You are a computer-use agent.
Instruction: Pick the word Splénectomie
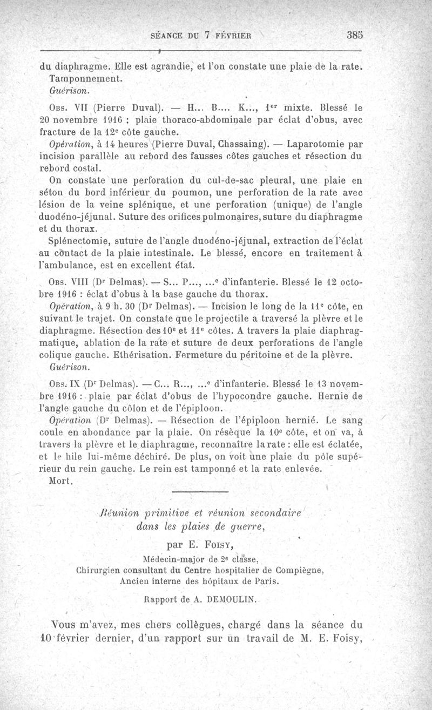click(x=80, y=241)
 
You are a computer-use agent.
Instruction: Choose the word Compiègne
click(x=297, y=570)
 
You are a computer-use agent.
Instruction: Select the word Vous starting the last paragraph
click(x=67, y=626)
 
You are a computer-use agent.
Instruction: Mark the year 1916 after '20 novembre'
click(x=111, y=119)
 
